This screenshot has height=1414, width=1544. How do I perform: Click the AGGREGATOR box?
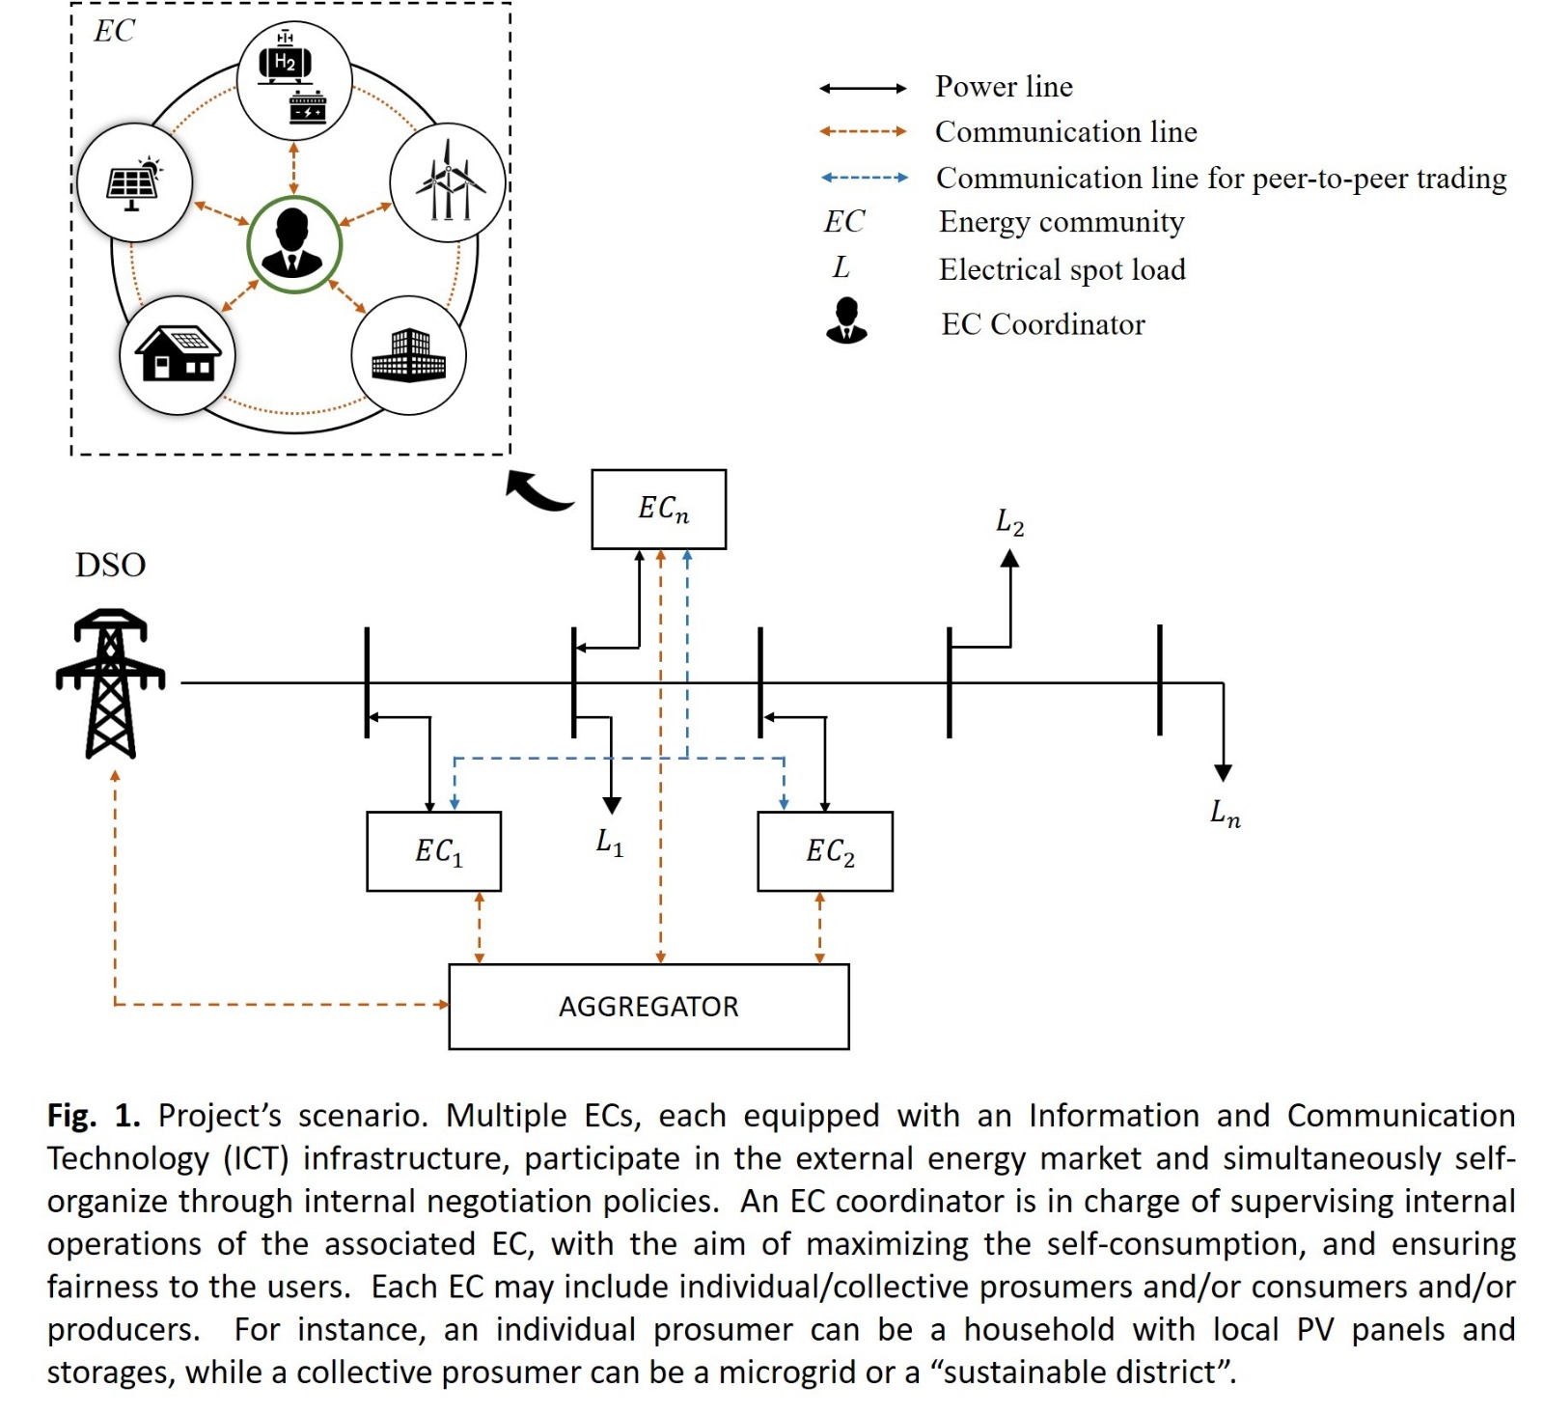tap(648, 1006)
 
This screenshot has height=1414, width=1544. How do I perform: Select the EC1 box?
tap(434, 851)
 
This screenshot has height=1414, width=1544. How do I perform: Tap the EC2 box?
tap(825, 851)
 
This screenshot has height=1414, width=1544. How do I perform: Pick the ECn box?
tap(658, 509)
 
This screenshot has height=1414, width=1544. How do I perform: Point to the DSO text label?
tap(110, 565)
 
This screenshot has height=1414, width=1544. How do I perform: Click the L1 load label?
tap(610, 843)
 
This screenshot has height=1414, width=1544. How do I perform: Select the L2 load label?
tap(1009, 523)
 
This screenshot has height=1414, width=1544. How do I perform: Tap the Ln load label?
tap(1225, 813)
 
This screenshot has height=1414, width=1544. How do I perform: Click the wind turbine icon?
tap(448, 181)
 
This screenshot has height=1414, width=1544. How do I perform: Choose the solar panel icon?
tap(134, 181)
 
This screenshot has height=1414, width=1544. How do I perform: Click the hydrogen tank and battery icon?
tap(293, 81)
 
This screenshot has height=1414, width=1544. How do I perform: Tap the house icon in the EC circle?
tap(178, 354)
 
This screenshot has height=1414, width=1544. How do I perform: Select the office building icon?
tap(409, 354)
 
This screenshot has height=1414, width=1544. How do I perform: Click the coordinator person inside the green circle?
tap(293, 243)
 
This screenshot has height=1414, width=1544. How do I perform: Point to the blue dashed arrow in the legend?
tap(864, 178)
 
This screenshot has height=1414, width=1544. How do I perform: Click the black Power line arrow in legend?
tap(863, 89)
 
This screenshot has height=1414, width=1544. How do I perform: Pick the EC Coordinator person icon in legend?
tap(846, 320)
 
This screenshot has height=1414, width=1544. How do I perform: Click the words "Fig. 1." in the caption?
tap(94, 1116)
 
